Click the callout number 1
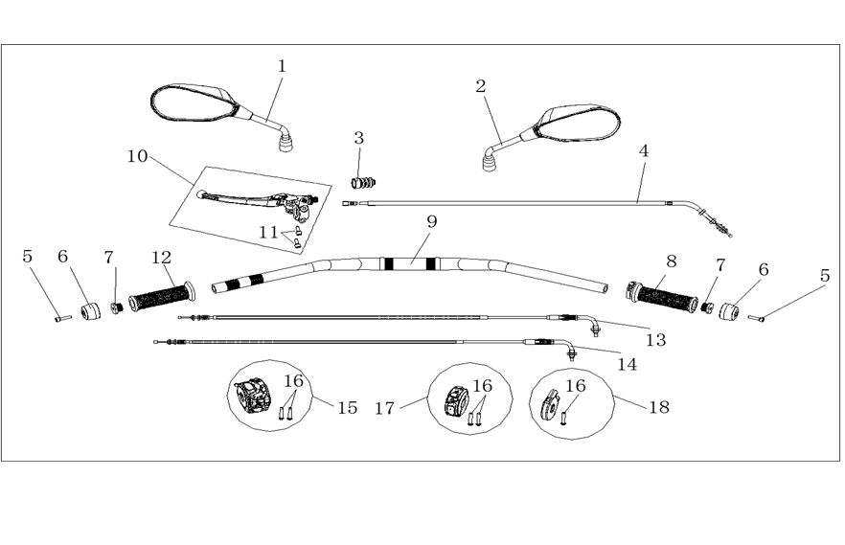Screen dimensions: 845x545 (282, 66)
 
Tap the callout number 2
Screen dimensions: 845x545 (481, 86)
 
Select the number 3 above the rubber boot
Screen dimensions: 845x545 (359, 138)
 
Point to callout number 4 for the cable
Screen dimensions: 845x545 (644, 151)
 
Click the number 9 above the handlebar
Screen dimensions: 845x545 (432, 221)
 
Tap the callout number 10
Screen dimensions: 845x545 (137, 156)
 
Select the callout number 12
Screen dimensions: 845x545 (161, 258)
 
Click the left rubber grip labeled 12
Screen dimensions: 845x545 (162, 296)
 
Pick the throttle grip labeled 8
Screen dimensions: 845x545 (662, 298)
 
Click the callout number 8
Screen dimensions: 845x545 (671, 261)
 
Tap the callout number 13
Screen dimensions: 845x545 (656, 340)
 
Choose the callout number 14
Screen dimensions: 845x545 (627, 365)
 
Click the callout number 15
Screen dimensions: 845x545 (348, 408)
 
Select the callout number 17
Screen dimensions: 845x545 (385, 409)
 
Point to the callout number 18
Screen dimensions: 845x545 (658, 407)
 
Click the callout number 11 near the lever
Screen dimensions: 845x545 (268, 233)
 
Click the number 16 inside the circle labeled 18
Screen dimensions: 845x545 (576, 386)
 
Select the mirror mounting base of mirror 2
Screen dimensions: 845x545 (490, 163)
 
